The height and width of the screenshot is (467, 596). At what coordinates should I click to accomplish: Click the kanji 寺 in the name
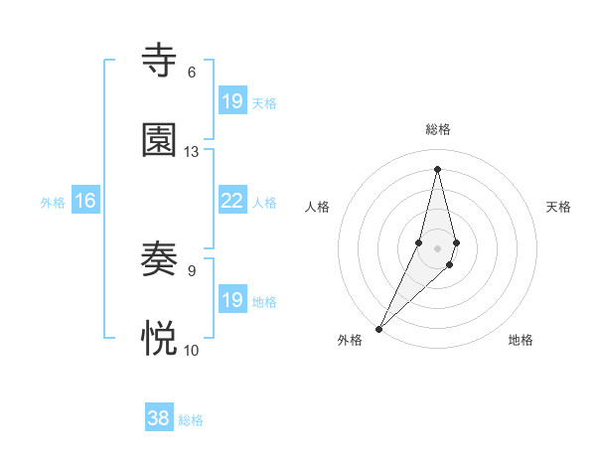160,61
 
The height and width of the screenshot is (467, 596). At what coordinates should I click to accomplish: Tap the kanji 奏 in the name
160,259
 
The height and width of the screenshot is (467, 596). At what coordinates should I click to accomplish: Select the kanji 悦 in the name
160,339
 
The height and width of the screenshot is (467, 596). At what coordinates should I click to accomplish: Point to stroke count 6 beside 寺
192,72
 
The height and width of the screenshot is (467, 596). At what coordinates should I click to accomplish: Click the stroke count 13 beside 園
192,151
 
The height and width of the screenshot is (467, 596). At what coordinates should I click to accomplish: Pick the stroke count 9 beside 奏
192,270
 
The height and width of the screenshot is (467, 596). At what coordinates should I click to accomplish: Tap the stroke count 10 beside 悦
192,350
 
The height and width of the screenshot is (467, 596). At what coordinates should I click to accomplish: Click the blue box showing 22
231,201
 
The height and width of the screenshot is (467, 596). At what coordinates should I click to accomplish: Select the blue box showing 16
85,201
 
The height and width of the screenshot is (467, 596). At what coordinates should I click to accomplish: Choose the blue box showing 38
159,418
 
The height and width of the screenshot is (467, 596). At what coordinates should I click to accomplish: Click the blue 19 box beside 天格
231,101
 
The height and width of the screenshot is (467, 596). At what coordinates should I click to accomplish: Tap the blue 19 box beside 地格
231,300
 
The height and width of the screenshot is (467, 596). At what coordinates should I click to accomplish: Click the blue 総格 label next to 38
191,420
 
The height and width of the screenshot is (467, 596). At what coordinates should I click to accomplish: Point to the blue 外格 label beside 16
53,203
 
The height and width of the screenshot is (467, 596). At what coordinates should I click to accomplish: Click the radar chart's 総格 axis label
437,129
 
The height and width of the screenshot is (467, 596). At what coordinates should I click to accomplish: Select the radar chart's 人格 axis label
317,207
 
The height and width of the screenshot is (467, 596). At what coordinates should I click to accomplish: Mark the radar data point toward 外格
378,328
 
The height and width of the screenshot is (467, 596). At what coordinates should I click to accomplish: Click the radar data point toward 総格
437,168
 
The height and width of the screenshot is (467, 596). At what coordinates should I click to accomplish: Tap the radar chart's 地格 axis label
521,340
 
